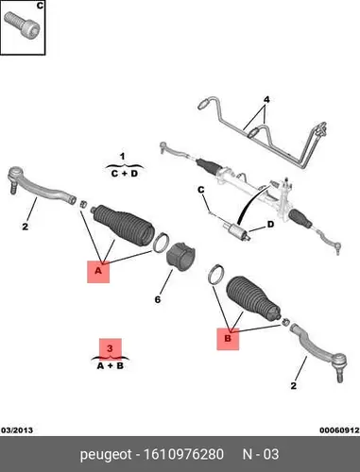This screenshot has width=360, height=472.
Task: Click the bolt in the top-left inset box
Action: click(22, 26)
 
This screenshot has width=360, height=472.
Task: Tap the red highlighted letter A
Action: click(98, 271)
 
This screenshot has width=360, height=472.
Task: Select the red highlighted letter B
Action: click(228, 339)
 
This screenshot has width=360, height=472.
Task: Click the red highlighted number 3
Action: click(110, 348)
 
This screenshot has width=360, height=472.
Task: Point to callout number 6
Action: click(158, 299)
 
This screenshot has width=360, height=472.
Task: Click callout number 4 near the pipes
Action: click(266, 100)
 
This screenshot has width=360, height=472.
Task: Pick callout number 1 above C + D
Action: click(123, 156)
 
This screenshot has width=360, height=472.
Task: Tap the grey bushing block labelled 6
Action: click(180, 259)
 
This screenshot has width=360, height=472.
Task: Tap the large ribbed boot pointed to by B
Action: click(253, 299)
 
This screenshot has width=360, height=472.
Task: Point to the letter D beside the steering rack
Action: click(271, 225)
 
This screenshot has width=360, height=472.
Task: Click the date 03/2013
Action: click(17, 430)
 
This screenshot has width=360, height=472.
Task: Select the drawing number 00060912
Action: click(339, 430)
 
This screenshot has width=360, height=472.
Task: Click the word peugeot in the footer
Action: click(106, 455)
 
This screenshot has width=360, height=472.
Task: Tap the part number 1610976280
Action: click(183, 454)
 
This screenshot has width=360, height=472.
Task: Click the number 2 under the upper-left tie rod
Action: click(26, 227)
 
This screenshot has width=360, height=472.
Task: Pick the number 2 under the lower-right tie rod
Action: click(294, 386)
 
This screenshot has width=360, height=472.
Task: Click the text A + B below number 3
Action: click(110, 366)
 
